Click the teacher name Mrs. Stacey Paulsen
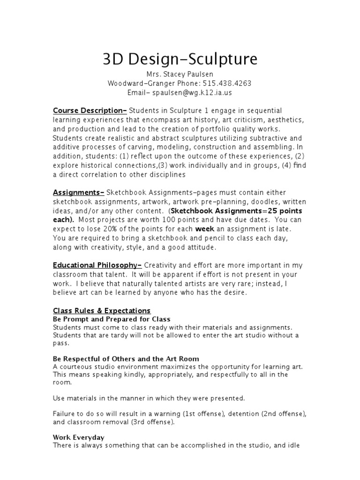[x=180, y=75]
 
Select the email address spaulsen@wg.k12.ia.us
[x=192, y=92]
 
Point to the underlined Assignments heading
[x=78, y=193]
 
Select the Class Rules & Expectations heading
[x=102, y=310]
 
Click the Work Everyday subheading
[x=79, y=437]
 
